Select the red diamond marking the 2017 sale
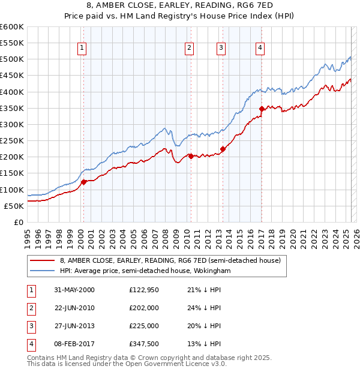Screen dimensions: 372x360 click(262, 109)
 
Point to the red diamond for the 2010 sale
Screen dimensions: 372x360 click(191, 156)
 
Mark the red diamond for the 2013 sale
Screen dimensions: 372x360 click(223, 148)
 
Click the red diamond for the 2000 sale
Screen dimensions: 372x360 click(84, 182)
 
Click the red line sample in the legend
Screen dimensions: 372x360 click(42, 261)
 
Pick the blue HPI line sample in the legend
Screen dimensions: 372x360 click(42, 271)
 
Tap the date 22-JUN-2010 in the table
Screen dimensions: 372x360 click(74, 308)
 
